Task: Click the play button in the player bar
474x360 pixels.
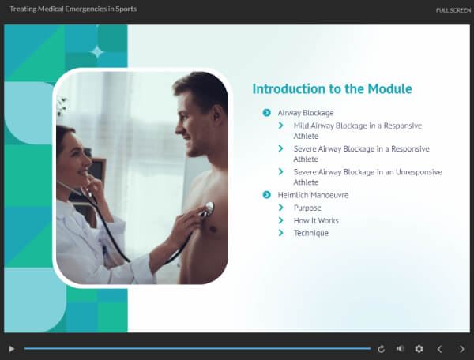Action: [x=12, y=349]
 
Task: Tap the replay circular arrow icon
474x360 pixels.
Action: [x=382, y=349]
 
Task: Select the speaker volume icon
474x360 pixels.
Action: [x=401, y=348]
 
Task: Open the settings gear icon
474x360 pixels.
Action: [x=419, y=349]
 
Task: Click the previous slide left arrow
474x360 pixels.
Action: [x=439, y=349]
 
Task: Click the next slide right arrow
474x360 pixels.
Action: [x=462, y=349]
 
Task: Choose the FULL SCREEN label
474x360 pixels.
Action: [x=453, y=10]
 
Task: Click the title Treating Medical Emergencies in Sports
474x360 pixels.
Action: [x=73, y=9]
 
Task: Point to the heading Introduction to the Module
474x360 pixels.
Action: [x=333, y=88]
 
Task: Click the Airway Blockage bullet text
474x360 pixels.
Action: [x=306, y=113]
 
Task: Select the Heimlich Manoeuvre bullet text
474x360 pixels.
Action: [x=313, y=195]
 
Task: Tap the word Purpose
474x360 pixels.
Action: [x=307, y=208]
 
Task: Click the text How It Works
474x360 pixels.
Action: [x=316, y=220]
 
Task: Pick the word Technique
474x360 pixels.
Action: [x=311, y=233]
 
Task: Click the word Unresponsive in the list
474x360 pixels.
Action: [x=419, y=172]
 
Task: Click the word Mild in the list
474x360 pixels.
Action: [x=301, y=126]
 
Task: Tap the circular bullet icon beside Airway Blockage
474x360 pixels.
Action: [x=267, y=113]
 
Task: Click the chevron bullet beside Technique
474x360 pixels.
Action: [x=280, y=233]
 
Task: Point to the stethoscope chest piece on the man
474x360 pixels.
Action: [x=209, y=208]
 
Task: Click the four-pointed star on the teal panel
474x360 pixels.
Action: [x=97, y=52]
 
